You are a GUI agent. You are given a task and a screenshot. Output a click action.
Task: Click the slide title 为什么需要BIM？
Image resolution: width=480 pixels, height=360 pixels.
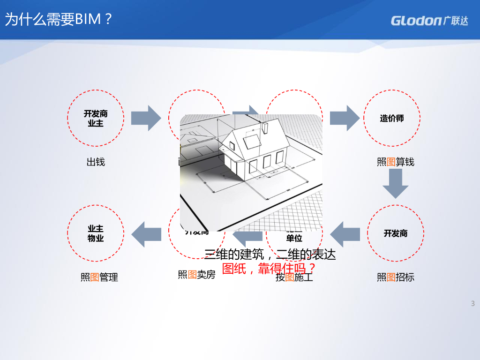point(59,20)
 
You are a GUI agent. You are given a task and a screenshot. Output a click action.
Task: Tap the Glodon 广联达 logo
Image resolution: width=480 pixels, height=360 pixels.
point(429,21)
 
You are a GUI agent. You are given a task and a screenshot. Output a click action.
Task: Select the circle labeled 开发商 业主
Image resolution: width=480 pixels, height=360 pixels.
point(96,119)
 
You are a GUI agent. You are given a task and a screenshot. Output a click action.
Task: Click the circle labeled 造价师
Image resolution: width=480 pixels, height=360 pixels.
point(392,119)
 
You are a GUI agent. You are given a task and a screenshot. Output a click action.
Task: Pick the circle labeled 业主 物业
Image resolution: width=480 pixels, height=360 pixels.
point(96,233)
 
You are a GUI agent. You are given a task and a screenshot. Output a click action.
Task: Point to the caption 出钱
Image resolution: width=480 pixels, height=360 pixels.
point(96,162)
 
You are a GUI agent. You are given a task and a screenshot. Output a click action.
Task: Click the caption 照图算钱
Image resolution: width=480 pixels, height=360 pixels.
point(396,162)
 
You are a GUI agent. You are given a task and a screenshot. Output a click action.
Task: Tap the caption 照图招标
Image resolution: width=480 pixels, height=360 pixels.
point(396,277)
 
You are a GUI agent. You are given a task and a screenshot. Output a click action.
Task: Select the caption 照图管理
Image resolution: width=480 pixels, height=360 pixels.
point(99,277)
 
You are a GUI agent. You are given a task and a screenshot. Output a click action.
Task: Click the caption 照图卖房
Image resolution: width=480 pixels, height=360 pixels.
point(197,275)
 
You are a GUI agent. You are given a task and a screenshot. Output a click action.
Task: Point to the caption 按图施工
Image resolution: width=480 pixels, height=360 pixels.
point(294,277)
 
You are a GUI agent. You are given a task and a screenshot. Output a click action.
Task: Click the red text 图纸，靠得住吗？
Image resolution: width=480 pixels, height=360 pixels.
point(269,269)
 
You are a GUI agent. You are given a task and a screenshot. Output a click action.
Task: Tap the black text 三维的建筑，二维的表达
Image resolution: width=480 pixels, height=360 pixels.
point(270,255)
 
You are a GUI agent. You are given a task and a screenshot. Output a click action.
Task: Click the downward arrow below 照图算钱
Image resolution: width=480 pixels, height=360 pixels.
point(396,184)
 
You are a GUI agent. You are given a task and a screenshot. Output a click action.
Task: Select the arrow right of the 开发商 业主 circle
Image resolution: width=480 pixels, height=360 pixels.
point(146,118)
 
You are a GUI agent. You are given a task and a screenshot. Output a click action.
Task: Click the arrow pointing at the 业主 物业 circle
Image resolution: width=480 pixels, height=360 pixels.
point(146,233)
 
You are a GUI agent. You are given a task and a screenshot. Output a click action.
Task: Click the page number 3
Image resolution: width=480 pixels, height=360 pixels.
point(473,303)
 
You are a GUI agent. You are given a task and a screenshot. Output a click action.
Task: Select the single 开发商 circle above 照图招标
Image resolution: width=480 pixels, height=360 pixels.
point(396,233)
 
